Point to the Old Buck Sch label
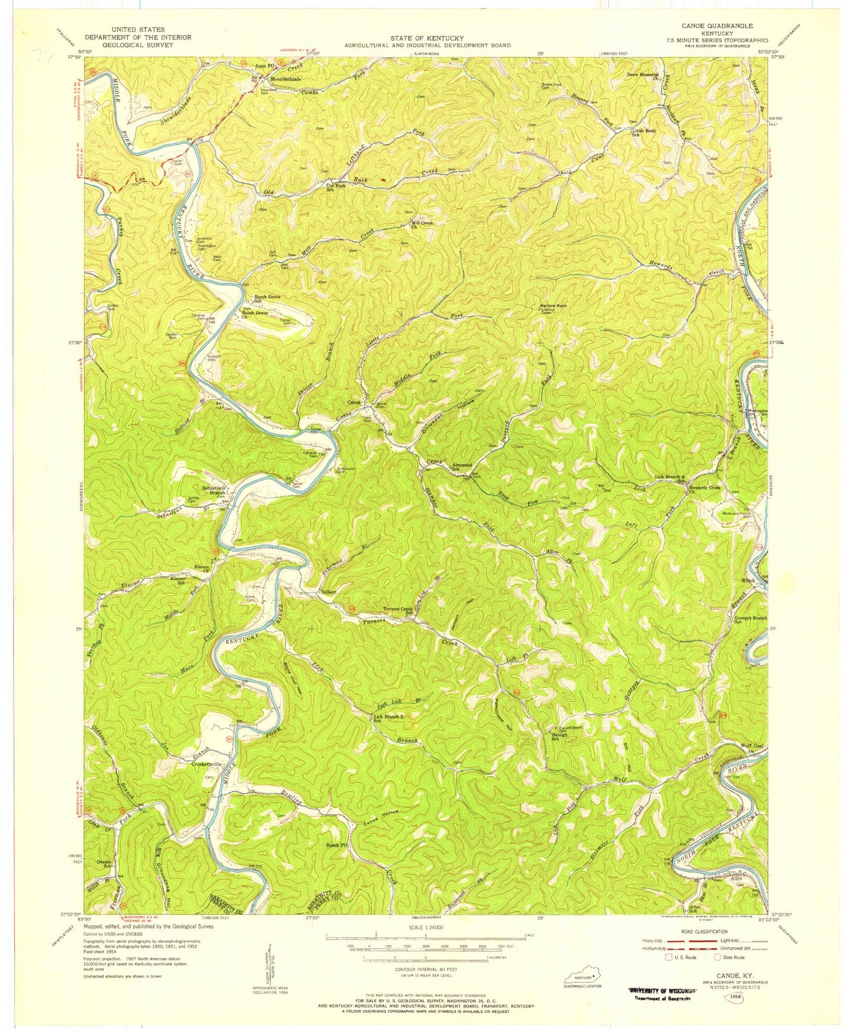[335, 187]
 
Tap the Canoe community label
[354, 403]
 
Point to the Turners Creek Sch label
[399, 611]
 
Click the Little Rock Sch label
[643, 132]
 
